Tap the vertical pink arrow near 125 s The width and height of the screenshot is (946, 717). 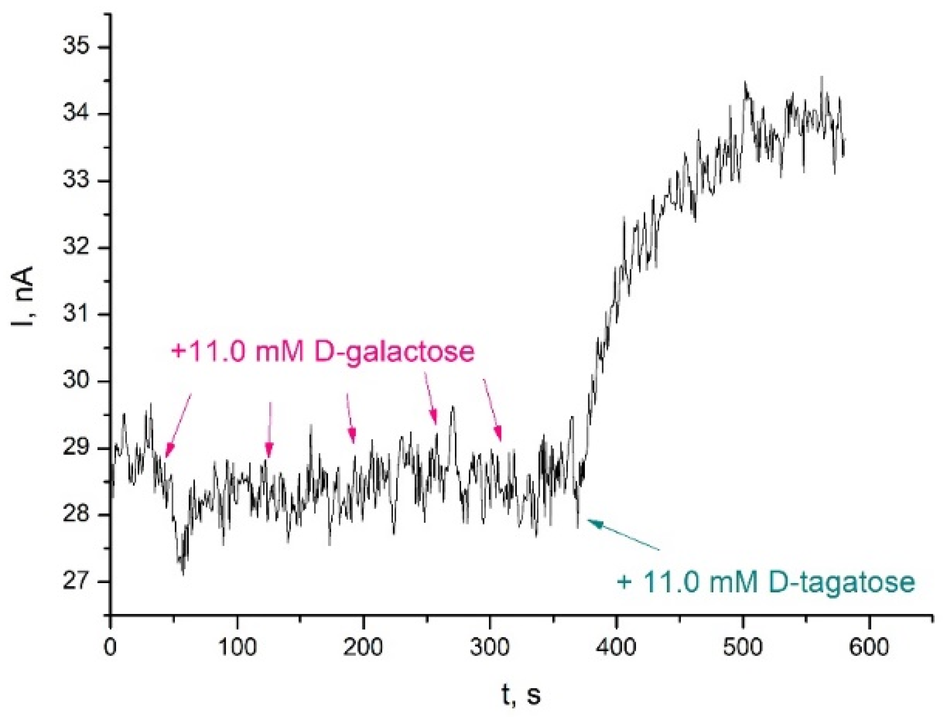[x=270, y=430]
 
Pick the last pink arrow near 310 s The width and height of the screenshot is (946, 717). [x=492, y=411]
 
